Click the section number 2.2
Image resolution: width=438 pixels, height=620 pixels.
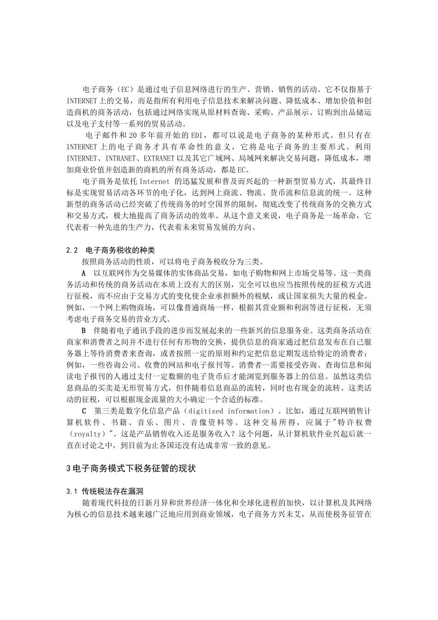pyautogui.click(x=72, y=250)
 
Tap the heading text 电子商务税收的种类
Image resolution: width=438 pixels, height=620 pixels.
pyautogui.click(x=120, y=250)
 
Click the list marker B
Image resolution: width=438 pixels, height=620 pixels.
pyautogui.click(x=83, y=331)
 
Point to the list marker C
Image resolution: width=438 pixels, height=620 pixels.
pyautogui.click(x=84, y=411)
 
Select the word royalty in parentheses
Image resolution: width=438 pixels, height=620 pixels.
pyautogui.click(x=86, y=434)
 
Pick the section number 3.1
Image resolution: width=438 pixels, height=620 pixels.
pyautogui.click(x=72, y=491)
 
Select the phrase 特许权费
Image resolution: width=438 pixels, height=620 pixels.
pyautogui.click(x=354, y=423)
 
